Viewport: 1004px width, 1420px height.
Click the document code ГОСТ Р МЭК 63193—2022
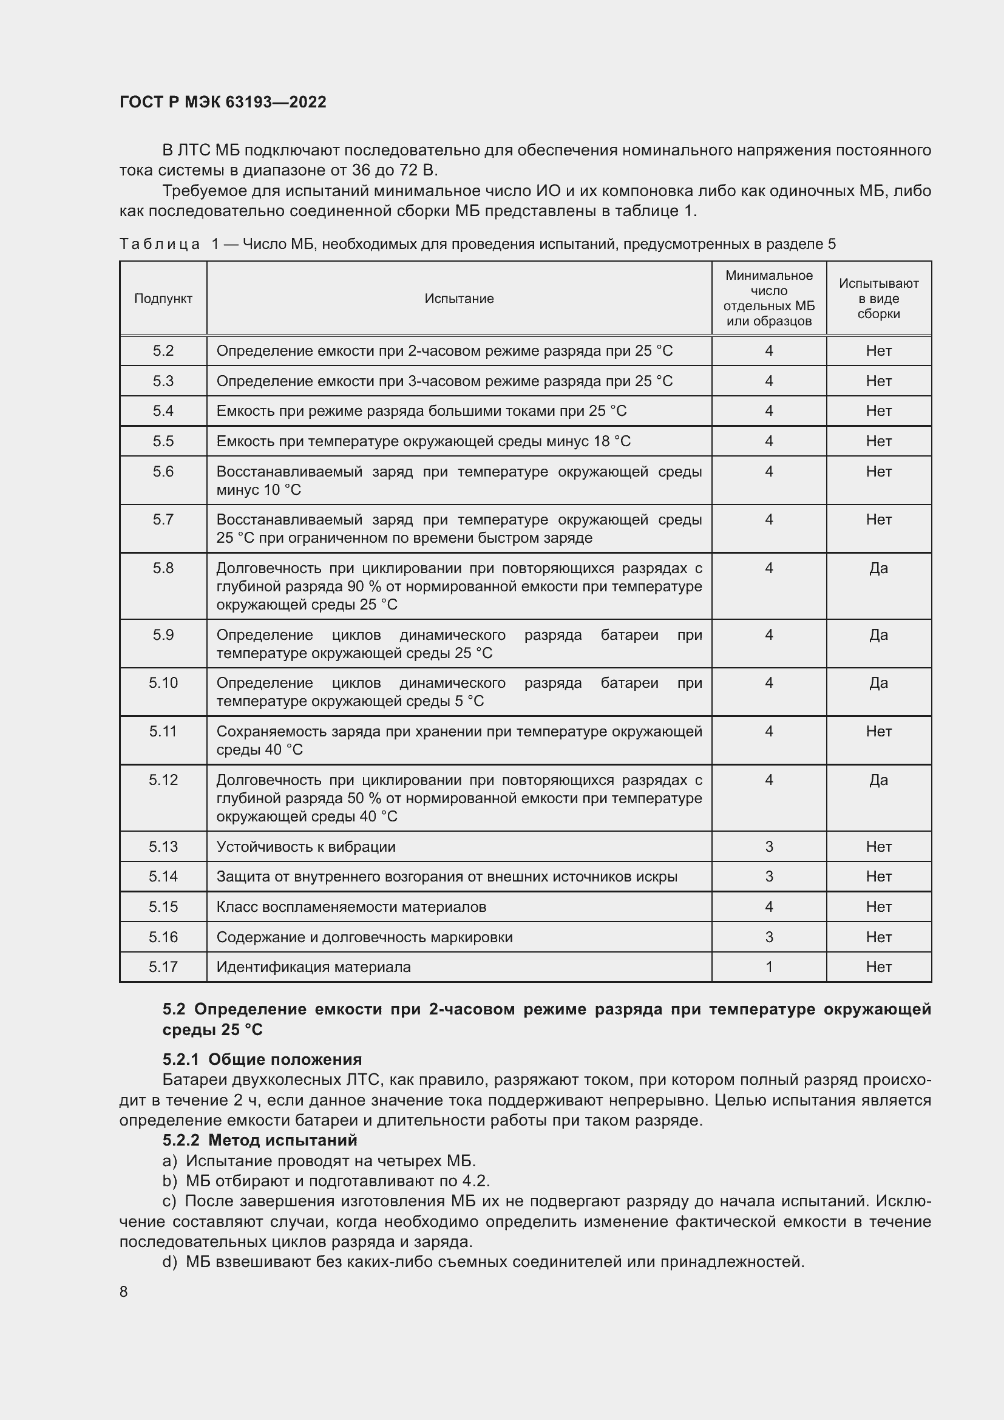coord(223,102)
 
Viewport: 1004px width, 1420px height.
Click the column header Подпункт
coord(163,299)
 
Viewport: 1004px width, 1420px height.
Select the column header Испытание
coord(459,299)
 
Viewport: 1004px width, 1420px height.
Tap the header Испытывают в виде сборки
coord(878,299)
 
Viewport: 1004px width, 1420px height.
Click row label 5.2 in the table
coord(163,352)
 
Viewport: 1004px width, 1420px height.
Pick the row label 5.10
coord(163,683)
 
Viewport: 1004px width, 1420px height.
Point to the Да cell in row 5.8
coord(878,568)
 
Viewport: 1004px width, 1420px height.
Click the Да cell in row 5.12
coord(878,780)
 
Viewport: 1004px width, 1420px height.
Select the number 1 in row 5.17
coord(768,966)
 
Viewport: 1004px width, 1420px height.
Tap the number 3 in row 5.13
coord(768,847)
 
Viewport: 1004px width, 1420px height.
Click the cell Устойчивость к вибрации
coord(306,847)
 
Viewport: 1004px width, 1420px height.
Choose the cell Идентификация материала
coord(313,966)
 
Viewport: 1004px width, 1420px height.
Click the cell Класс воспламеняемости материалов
coord(351,906)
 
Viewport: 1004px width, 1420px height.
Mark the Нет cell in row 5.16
coord(878,937)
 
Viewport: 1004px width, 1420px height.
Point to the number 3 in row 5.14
coord(768,877)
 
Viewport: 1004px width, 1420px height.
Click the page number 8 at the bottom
coord(124,1292)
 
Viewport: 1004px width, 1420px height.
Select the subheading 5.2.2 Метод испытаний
coord(260,1140)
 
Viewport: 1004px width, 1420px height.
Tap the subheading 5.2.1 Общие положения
coord(262,1059)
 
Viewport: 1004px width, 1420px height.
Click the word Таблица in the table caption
coord(160,244)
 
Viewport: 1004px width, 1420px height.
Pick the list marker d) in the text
coord(169,1262)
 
